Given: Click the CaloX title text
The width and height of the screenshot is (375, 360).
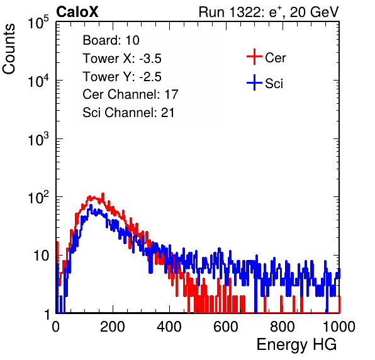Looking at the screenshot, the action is [x=77, y=12].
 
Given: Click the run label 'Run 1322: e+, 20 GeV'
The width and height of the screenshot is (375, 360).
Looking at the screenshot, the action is [x=269, y=12].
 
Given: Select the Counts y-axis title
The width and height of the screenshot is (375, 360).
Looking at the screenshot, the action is [x=9, y=49].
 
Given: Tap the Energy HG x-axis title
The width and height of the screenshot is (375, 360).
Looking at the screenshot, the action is [x=296, y=344].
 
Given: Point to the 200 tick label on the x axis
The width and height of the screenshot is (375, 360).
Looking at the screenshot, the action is [x=113, y=327].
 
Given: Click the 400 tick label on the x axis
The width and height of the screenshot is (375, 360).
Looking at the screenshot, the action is [x=169, y=327].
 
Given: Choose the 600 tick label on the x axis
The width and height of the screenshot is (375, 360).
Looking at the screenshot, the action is [x=226, y=327].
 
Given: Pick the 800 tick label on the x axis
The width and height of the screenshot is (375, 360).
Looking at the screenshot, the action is [x=283, y=327].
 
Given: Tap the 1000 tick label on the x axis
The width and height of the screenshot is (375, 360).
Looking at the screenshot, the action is [x=339, y=327].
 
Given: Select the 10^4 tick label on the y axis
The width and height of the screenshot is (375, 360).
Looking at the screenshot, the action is [x=38, y=81].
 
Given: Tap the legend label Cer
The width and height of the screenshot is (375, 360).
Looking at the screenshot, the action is [x=275, y=58].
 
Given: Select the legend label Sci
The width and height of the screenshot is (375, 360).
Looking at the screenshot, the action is [x=274, y=84].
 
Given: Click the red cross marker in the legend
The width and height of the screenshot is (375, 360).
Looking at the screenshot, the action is [x=254, y=57].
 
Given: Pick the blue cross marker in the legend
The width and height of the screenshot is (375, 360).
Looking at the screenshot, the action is [x=254, y=83].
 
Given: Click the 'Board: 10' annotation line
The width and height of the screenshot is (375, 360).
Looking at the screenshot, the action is [x=111, y=40].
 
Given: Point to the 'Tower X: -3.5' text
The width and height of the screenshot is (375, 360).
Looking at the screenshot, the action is [x=122, y=59].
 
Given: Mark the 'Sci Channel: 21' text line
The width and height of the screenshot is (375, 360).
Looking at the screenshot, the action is [x=128, y=113].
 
